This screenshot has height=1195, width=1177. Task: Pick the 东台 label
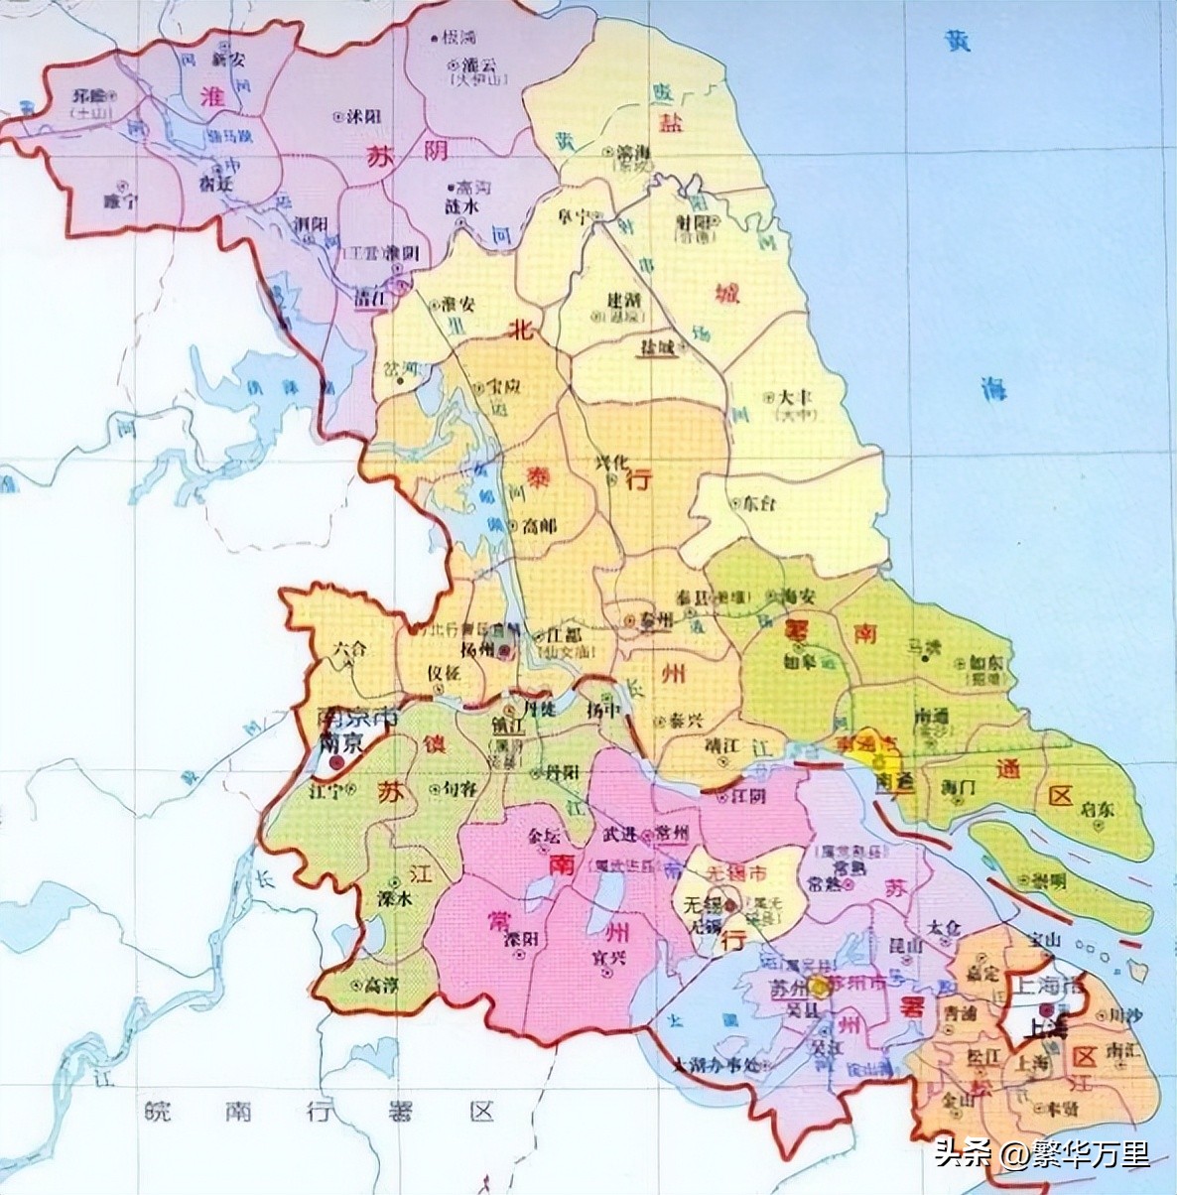coord(759,503)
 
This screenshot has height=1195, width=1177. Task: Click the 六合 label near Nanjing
coord(349,647)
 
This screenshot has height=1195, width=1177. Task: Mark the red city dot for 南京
coord(338,762)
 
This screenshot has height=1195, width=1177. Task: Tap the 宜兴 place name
coord(607,958)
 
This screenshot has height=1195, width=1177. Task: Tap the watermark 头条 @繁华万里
coord(1041,1154)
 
